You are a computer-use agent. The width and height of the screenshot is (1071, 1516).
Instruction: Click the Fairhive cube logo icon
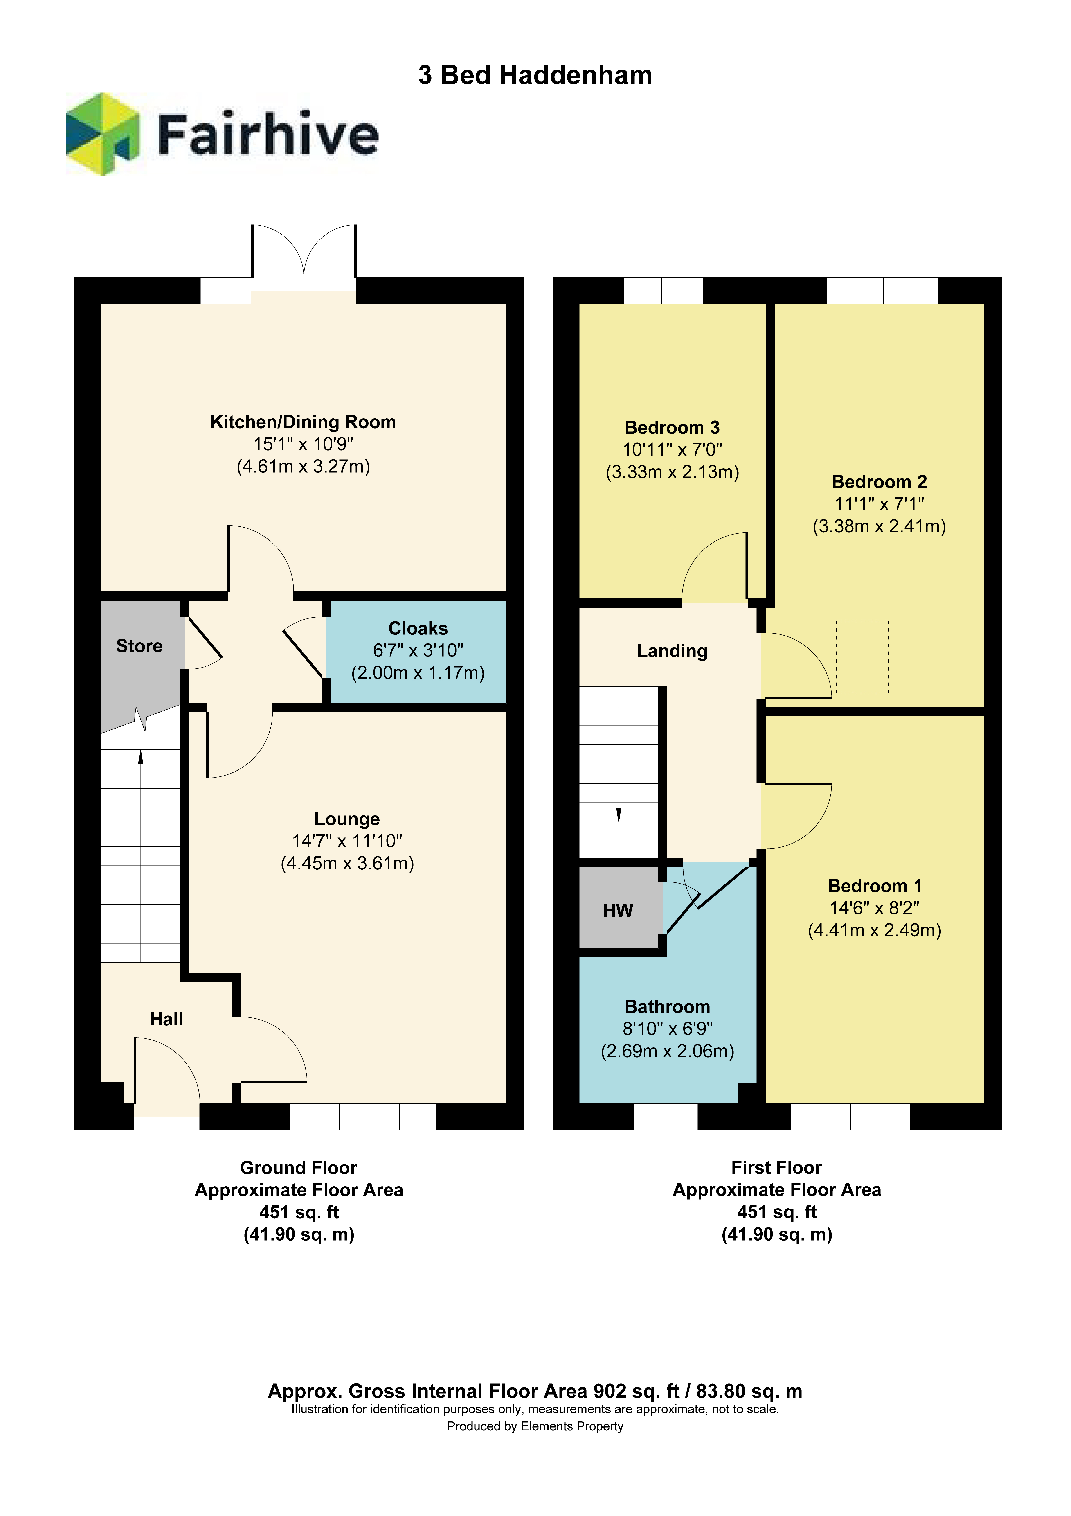click(102, 134)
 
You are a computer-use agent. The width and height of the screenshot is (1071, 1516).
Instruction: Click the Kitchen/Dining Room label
click(303, 422)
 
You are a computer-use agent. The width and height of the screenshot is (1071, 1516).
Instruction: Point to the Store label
click(139, 646)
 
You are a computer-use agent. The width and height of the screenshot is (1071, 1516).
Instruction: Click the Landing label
click(672, 651)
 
